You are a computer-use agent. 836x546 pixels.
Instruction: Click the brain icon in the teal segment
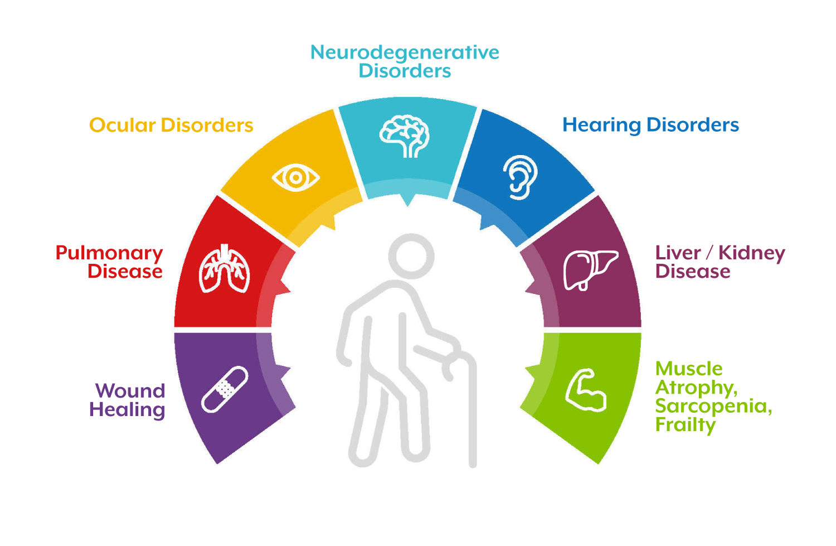[405, 136]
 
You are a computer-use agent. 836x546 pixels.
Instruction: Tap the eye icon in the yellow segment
[295, 178]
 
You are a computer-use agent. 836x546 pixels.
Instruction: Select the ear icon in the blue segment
[519, 177]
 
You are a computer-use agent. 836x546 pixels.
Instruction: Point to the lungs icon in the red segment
[225, 269]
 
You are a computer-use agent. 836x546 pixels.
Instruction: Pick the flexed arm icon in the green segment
[585, 390]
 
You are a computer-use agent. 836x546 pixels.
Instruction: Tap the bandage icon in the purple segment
[225, 389]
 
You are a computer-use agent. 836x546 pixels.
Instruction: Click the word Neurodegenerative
[405, 52]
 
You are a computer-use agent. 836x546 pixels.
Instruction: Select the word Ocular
[122, 125]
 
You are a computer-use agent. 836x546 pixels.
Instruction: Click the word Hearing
[601, 125]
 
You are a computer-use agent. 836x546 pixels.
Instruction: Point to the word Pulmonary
[109, 253]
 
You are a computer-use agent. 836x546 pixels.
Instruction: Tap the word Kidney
[751, 253]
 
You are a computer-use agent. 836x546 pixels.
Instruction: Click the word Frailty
[685, 425]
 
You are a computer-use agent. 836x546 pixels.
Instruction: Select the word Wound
[130, 390]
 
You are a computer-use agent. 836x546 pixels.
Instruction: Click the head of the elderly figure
[411, 256]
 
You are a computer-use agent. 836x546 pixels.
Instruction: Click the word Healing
[127, 410]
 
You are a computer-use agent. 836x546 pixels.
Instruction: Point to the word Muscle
[689, 369]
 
